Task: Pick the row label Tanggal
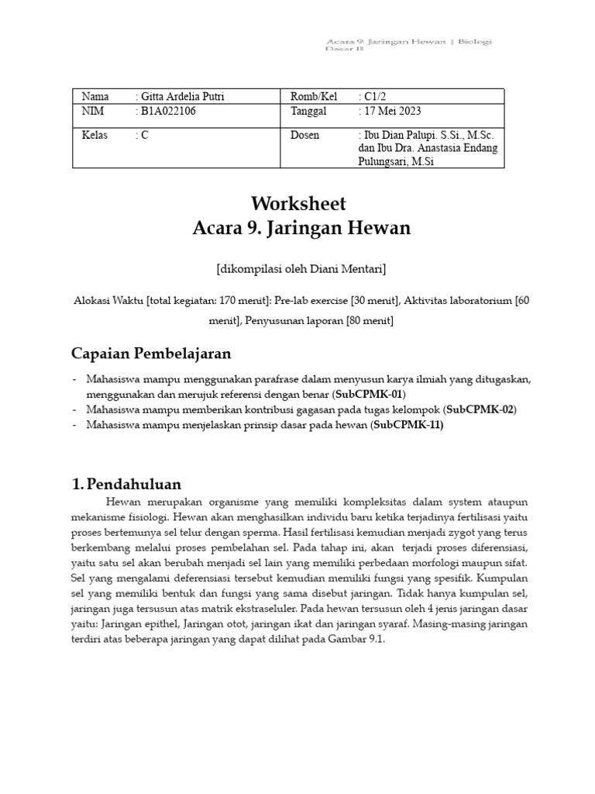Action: click(309, 111)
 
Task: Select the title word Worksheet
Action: click(298, 204)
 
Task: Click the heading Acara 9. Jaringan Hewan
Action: click(301, 228)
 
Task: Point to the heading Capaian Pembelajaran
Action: click(151, 353)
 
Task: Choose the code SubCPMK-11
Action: click(408, 424)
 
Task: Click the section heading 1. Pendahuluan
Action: click(126, 484)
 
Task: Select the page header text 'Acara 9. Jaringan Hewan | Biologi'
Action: click(409, 41)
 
